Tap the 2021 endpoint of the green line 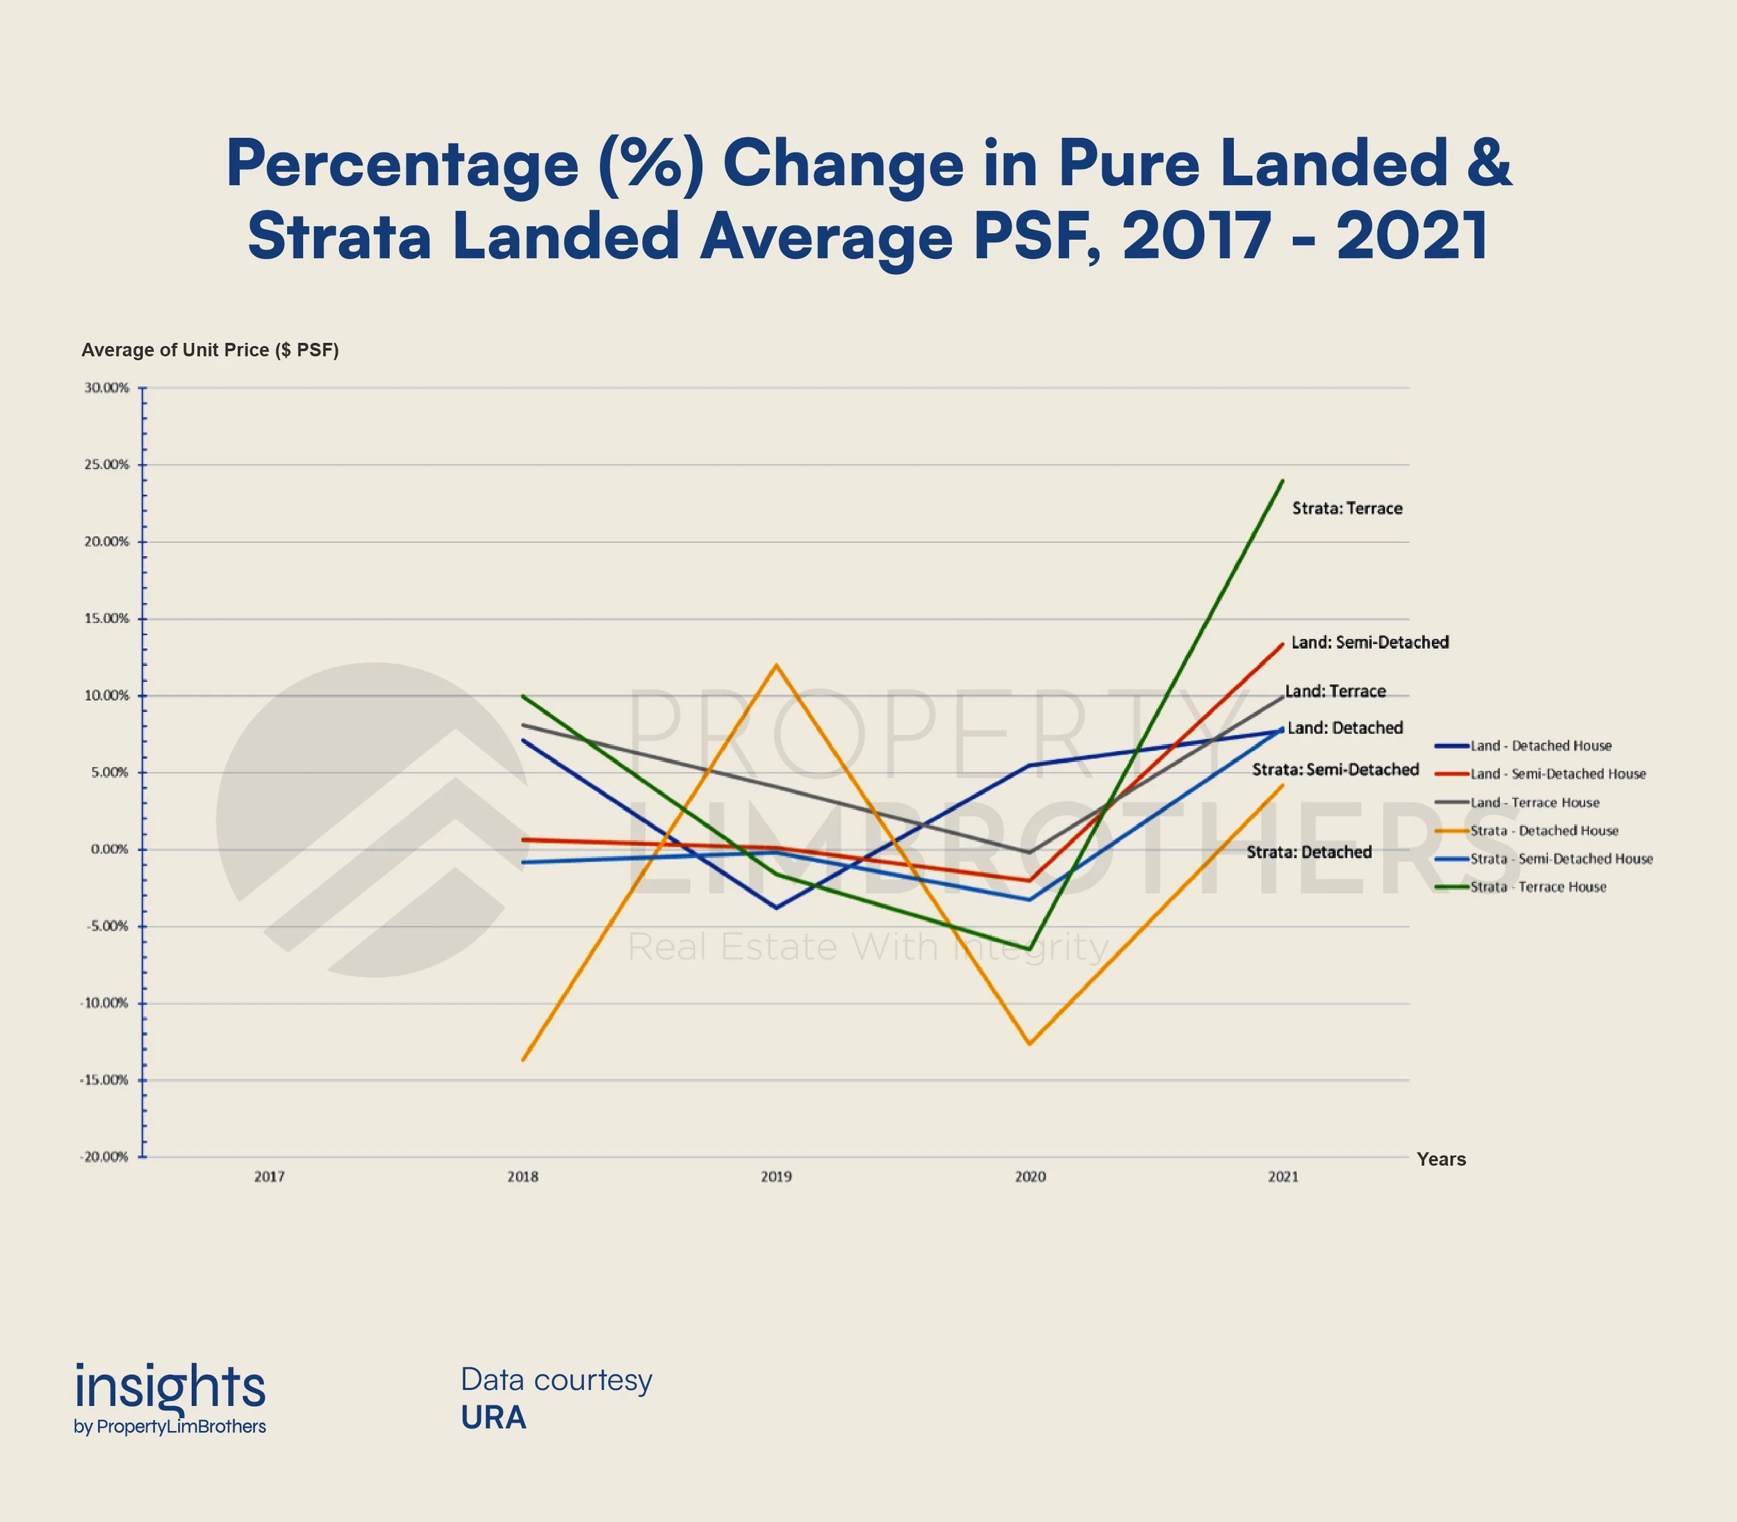1283,481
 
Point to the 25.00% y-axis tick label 106,465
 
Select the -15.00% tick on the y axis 104,1080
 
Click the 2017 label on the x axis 270,1177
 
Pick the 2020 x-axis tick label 1030,1177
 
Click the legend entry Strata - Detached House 1544,831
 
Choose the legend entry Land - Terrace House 1534,802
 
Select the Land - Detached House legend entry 1541,745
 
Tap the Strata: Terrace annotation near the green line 1347,508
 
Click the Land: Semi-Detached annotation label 1369,642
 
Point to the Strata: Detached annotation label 1309,852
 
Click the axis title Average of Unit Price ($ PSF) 210,350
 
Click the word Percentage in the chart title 402,164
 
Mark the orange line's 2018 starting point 523,1060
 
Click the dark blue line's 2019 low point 776,908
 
